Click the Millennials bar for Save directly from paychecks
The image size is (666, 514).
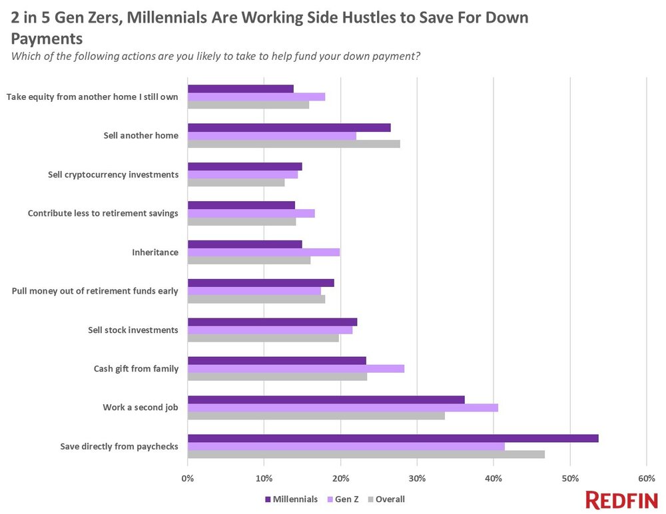[393, 438]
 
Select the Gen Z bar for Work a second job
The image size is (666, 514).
[342, 407]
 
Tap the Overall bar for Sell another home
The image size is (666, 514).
[294, 143]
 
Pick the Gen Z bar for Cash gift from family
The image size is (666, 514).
[296, 369]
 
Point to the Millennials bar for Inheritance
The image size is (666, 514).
[244, 244]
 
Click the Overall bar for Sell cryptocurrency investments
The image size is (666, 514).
[236, 182]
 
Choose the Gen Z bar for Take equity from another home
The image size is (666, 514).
[256, 97]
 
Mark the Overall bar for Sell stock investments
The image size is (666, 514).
[263, 338]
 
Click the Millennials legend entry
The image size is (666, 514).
[291, 499]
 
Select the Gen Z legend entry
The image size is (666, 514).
[342, 499]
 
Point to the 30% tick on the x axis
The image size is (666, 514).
[417, 478]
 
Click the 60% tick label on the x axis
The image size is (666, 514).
[646, 478]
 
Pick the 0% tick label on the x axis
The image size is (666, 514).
[188, 478]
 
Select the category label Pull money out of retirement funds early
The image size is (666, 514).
[95, 291]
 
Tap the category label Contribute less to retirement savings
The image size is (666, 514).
[103, 213]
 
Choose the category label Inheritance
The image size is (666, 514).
[156, 252]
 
